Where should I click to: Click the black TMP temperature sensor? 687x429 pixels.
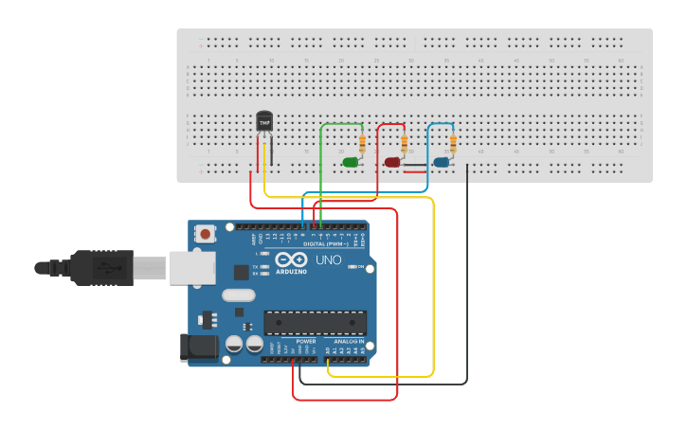coord(264,122)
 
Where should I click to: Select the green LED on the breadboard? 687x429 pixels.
coord(351,162)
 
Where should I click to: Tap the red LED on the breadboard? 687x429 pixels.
coord(392,162)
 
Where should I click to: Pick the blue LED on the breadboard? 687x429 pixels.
coord(441,162)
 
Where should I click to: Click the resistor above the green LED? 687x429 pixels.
coord(362,143)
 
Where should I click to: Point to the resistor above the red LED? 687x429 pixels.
coord(405,143)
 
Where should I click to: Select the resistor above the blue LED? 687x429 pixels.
coord(453,143)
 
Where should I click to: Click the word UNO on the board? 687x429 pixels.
coord(328,259)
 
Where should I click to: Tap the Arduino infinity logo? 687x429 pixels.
coord(292,259)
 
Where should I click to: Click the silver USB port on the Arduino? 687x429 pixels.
coord(192,267)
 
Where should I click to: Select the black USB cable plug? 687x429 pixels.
coord(95,268)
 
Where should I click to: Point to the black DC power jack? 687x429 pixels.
coord(199,347)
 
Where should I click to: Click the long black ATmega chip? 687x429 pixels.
coord(315,323)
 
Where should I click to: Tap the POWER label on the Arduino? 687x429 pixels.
coord(305,341)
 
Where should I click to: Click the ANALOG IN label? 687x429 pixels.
coord(348,341)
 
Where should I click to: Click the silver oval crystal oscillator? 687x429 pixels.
coord(239,295)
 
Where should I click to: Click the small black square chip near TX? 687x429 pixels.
coord(241,271)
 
